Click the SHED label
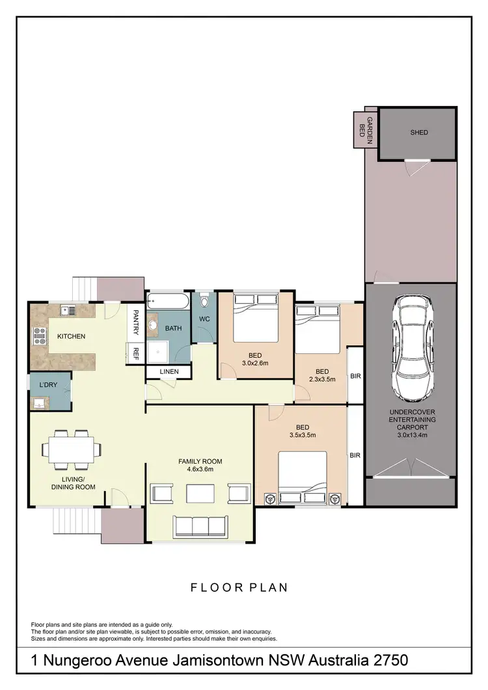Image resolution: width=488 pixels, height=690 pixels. coord(419,133)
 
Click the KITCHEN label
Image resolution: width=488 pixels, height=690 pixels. coord(72,336)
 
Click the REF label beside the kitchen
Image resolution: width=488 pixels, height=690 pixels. coord(136,354)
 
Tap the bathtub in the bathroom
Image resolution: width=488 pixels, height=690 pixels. coord(168,301)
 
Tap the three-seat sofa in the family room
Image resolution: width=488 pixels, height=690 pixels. coord(200,525)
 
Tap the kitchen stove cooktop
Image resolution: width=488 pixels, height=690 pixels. coord(39,336)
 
